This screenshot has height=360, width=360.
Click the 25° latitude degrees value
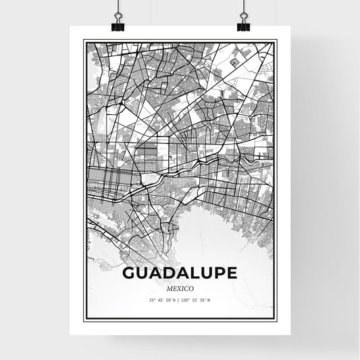click(x=152, y=301)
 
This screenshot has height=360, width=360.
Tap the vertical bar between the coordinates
click(x=180, y=301)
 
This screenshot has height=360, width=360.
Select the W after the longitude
click(x=209, y=301)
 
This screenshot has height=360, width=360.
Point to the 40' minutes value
click(x=159, y=301)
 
